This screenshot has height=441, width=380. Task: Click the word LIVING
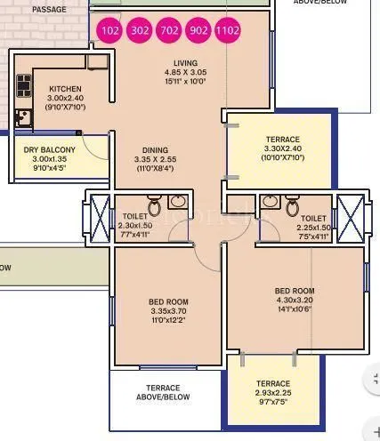click(x=188, y=62)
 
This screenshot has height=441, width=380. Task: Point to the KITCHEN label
click(x=64, y=90)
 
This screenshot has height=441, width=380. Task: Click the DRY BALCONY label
click(x=50, y=149)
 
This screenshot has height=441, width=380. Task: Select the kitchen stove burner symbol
click(x=23, y=87)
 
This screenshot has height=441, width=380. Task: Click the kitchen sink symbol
click(x=23, y=116)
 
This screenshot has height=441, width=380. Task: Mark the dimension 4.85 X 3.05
click(x=188, y=72)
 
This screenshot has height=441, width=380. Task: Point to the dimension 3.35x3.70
click(x=168, y=311)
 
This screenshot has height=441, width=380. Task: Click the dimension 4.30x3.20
click(x=295, y=301)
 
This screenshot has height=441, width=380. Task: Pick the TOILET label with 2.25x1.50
click(x=313, y=217)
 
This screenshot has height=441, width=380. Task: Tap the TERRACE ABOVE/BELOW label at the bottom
click(x=163, y=393)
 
